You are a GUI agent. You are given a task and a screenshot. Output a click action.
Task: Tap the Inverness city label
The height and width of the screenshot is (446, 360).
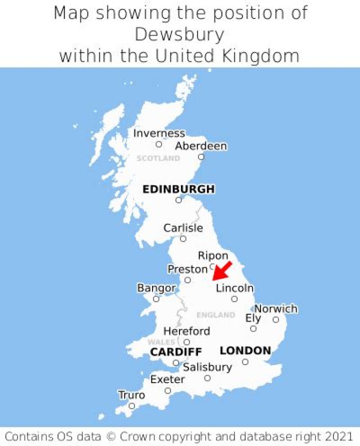(x=159, y=133)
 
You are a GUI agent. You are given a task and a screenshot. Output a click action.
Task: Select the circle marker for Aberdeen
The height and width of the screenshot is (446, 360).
(x=201, y=157)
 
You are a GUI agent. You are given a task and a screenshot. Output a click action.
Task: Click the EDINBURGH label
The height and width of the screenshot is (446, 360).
(x=178, y=189)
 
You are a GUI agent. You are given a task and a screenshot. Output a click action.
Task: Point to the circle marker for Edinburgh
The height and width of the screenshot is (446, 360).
(x=178, y=200)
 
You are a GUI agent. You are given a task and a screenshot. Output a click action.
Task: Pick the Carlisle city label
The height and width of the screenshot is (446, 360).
(x=183, y=228)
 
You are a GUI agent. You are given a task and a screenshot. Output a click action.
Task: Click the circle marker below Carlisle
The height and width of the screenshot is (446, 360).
(x=183, y=239)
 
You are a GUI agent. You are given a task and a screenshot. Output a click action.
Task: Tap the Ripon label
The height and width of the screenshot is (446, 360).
(x=213, y=256)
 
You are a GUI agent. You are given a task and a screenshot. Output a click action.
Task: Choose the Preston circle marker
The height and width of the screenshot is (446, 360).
(x=187, y=280)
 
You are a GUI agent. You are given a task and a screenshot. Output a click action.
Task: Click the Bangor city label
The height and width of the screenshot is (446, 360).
(x=156, y=288)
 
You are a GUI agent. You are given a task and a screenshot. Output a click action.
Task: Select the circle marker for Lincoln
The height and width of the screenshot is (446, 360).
(x=234, y=299)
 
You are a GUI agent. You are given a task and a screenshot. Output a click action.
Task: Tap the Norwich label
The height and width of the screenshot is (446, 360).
(x=276, y=309)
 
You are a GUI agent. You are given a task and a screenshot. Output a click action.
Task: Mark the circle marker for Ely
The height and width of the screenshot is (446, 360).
(x=253, y=329)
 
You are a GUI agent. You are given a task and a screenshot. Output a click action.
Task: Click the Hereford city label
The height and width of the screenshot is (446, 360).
(x=186, y=331)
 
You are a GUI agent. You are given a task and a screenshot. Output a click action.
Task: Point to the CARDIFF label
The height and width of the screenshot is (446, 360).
(x=176, y=352)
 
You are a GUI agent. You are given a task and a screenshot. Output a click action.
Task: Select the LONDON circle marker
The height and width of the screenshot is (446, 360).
(x=245, y=362)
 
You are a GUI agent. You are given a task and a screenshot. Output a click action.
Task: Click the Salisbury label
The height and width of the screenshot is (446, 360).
(x=207, y=368)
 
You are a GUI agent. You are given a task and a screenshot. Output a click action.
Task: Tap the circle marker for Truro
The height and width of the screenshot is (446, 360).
(x=132, y=406)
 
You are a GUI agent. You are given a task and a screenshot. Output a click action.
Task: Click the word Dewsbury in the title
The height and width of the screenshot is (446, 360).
(x=179, y=34)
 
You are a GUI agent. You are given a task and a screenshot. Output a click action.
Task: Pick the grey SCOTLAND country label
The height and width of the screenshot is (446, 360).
(x=158, y=158)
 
